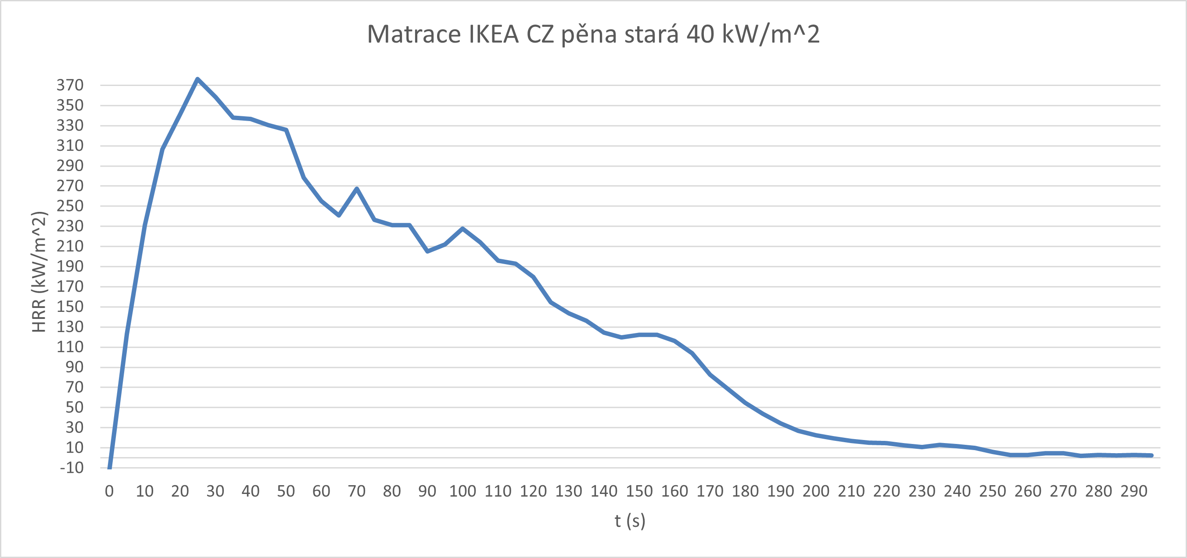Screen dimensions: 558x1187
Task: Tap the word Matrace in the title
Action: [414, 34]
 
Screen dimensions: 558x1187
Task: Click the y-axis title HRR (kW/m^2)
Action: [39, 272]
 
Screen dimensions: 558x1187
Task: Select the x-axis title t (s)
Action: [630, 521]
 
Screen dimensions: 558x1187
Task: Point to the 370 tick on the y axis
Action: [70, 85]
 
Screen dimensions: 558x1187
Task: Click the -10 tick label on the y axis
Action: [72, 468]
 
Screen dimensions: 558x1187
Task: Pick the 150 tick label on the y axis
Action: [70, 307]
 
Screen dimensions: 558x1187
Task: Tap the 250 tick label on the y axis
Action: [70, 206]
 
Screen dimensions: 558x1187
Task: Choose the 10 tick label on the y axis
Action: [74, 448]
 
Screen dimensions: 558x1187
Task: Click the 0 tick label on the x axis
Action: [109, 492]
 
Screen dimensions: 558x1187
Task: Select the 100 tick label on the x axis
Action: [463, 492]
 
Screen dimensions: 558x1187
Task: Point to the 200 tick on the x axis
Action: [816, 492]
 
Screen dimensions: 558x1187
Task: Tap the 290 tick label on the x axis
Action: [1134, 492]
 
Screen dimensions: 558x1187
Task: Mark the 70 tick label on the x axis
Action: [357, 492]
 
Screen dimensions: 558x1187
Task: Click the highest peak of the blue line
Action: [197, 79]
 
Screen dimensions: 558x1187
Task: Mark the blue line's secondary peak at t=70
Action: [357, 189]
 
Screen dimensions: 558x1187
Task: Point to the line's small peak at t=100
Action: [463, 229]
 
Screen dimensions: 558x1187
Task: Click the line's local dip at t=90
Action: [427, 251]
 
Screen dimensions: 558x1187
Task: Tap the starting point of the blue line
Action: [110, 467]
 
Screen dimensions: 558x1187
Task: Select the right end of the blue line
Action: [1151, 455]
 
